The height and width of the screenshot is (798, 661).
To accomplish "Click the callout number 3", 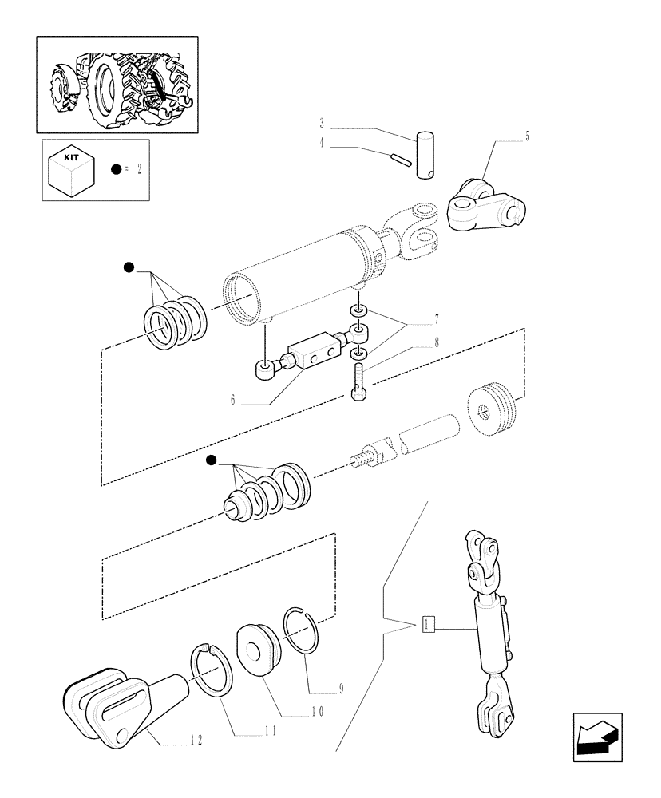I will point(322,124).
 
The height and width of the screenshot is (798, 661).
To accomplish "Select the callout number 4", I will point(322,144).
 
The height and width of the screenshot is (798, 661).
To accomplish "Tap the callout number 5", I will point(527,136).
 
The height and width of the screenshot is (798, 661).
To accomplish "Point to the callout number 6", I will point(233,400).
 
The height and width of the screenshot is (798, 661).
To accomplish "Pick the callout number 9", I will point(340,689).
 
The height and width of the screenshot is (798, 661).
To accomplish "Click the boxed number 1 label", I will point(429,624).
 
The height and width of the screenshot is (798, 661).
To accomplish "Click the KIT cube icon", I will point(72,168).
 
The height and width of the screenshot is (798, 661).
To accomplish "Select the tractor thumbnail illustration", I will point(117,85).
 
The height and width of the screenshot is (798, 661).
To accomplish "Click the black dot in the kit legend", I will point(117,169).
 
